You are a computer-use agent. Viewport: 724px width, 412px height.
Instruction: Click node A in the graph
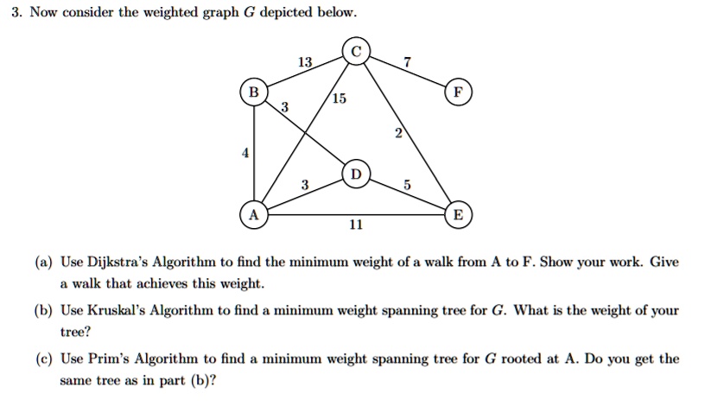[x=254, y=215]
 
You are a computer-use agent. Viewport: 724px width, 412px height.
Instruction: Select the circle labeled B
[x=254, y=92]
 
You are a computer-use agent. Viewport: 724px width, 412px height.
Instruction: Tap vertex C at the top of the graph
[x=356, y=51]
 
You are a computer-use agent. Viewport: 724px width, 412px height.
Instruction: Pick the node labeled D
[x=356, y=174]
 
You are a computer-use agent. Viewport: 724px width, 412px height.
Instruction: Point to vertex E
[x=458, y=215]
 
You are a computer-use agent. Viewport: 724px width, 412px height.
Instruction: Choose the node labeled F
[x=458, y=92]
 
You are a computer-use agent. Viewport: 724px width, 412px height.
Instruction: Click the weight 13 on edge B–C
[x=305, y=62]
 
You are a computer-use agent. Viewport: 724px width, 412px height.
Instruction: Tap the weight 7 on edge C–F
[x=407, y=62]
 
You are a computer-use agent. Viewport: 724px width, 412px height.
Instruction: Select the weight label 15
[x=339, y=98]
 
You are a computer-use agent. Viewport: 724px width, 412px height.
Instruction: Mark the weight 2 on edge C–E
[x=398, y=133]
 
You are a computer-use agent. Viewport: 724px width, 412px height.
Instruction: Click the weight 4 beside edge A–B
[x=245, y=153]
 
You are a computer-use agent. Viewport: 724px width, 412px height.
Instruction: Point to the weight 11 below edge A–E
[x=356, y=225]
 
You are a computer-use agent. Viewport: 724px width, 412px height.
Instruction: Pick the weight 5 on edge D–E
[x=407, y=185]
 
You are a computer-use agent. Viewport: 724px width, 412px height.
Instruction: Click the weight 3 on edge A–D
[x=305, y=185]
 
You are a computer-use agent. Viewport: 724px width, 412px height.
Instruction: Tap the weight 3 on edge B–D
[x=285, y=107]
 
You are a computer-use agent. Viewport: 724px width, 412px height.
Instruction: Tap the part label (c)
[x=44, y=359]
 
